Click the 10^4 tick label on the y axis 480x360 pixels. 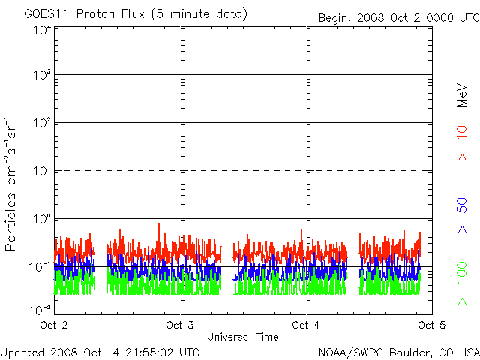(40, 30)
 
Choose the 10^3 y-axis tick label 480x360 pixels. (40, 76)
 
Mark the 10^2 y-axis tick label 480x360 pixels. (40, 123)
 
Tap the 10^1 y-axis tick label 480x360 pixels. (40, 171)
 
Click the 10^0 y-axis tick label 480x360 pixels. (40, 219)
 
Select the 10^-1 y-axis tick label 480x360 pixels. (39, 266)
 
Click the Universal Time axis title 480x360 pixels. (242, 337)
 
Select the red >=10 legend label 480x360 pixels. (463, 142)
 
